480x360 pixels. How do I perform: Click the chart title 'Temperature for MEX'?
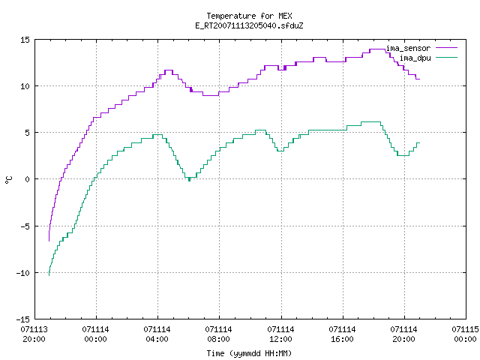249,16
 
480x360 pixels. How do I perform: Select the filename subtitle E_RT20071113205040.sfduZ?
249,25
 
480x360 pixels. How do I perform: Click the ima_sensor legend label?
408,48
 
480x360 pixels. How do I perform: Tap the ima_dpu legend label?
415,58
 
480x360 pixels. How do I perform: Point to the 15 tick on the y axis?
25,40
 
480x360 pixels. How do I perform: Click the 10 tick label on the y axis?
25,86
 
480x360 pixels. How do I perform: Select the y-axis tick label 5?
28,133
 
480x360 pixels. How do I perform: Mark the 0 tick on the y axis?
28,179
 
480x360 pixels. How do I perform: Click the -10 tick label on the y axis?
23,273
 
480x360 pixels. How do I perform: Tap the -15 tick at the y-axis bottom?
23,319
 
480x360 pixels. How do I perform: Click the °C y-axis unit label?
9,180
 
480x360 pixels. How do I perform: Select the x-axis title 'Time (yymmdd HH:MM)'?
249,353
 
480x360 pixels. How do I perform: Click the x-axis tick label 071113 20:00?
34,334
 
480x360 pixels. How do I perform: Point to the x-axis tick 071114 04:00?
157,334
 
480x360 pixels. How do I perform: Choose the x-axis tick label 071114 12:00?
280,334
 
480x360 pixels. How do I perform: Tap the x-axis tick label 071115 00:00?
465,334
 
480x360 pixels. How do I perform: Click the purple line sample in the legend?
447,48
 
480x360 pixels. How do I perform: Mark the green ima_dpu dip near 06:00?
190,178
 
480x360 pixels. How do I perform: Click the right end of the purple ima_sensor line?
419,79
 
